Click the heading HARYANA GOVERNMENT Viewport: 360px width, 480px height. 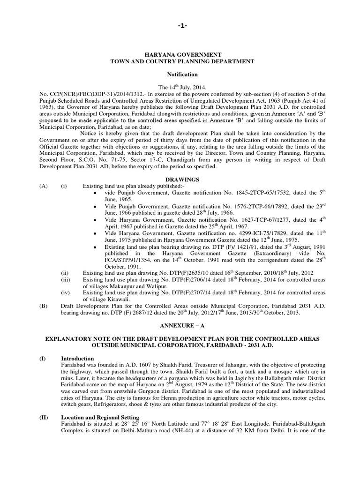coord(180,55)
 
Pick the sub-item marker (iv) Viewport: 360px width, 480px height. coord(66,292)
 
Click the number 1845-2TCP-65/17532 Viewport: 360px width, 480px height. coord(245,193)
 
